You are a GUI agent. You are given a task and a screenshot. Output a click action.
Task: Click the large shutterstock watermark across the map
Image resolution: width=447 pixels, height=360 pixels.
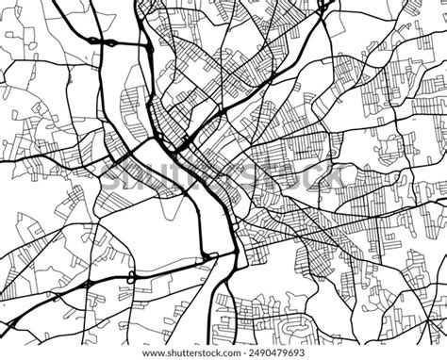(223, 175)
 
